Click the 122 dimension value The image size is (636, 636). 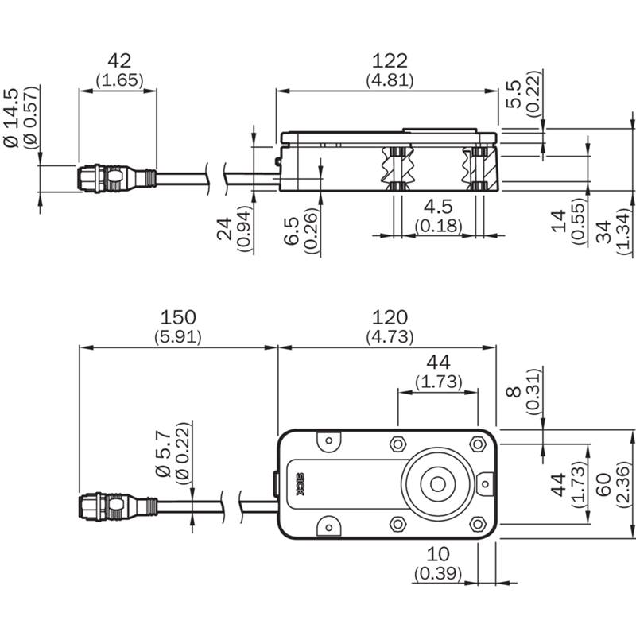(x=390, y=61)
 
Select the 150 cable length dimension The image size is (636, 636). (x=178, y=317)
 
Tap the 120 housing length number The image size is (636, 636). (x=390, y=317)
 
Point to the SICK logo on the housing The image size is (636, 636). (x=301, y=484)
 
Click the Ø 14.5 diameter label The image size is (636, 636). (x=11, y=118)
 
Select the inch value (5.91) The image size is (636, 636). (x=177, y=337)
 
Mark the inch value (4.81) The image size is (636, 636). (x=390, y=80)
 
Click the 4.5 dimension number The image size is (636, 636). (x=438, y=207)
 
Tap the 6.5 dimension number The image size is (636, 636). (x=291, y=231)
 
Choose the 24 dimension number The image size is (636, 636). (x=224, y=229)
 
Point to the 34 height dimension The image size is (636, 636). (x=603, y=231)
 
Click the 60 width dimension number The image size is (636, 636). (x=603, y=484)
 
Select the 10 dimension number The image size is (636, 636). (x=438, y=554)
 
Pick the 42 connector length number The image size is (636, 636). (x=119, y=61)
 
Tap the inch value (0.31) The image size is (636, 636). (x=533, y=391)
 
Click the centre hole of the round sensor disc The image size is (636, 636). (x=437, y=484)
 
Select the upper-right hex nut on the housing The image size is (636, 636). (x=478, y=444)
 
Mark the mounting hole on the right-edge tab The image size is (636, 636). (x=485, y=484)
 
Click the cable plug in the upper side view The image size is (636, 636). (x=117, y=178)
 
